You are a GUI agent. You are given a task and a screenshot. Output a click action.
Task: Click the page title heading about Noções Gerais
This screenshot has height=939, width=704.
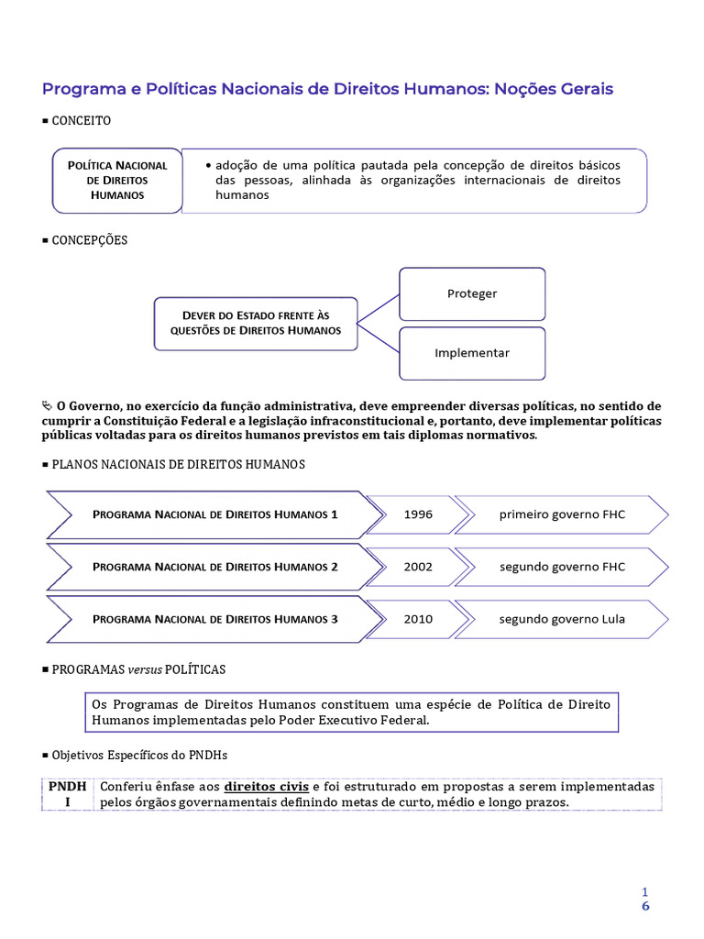[327, 89]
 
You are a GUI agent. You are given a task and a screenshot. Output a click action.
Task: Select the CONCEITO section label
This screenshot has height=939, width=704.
[81, 120]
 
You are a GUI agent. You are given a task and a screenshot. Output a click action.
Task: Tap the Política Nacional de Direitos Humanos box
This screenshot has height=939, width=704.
[117, 181]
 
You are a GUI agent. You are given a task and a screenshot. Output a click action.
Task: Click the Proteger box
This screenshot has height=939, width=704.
[472, 293]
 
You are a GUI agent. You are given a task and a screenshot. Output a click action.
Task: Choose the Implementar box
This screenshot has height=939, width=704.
[472, 352]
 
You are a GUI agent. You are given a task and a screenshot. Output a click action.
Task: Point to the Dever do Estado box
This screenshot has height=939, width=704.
[255, 323]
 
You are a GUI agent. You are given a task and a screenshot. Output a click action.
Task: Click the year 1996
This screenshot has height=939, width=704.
[418, 514]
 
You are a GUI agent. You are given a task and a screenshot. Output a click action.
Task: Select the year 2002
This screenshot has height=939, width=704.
[418, 567]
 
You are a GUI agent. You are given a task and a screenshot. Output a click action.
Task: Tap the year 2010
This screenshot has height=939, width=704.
[418, 619]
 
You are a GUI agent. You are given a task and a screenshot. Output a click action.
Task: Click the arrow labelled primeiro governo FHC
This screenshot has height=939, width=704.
[562, 514]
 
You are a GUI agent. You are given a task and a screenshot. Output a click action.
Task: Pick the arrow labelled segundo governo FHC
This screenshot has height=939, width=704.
[562, 567]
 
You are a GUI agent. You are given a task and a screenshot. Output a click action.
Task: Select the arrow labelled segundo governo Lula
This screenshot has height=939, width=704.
[562, 619]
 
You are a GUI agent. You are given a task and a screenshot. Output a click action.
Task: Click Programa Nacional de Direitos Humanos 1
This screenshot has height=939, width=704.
[215, 514]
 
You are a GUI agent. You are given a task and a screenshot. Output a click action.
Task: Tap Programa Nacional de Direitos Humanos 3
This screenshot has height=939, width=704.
[215, 619]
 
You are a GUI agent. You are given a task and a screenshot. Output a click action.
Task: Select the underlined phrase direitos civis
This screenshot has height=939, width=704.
[267, 787]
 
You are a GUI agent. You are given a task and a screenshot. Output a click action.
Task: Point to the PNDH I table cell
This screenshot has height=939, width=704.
[66, 794]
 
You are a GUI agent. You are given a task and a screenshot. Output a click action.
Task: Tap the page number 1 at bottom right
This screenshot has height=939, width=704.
[645, 891]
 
